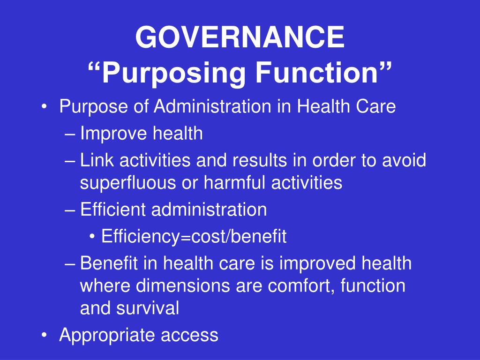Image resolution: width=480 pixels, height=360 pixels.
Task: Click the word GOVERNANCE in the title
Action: pos(240,37)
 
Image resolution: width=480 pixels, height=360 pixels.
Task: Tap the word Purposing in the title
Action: pos(173,74)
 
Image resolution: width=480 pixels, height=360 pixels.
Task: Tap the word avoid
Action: pos(404,160)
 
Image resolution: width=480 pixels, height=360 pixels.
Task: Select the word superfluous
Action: pos(128,183)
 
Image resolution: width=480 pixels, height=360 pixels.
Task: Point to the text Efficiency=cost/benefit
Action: pos(194,236)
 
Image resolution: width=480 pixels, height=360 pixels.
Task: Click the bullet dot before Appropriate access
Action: pos(45,335)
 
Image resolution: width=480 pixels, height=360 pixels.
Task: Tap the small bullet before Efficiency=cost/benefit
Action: pos(92,236)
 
